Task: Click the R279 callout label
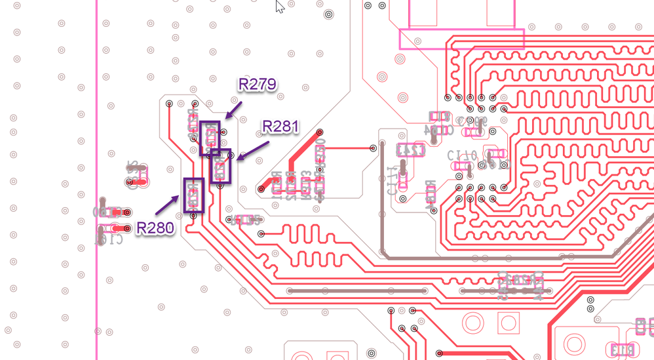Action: pyautogui.click(x=257, y=85)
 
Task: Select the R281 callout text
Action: pyautogui.click(x=281, y=127)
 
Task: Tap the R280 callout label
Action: pyautogui.click(x=155, y=228)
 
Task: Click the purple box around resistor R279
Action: pyautogui.click(x=210, y=138)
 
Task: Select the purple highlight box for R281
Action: pyautogui.click(x=221, y=167)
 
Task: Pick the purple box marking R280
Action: pyautogui.click(x=193, y=195)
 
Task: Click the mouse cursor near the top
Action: pyautogui.click(x=279, y=6)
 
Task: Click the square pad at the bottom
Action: pyautogui.click(x=508, y=322)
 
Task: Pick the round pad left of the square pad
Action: pyautogui.click(x=473, y=322)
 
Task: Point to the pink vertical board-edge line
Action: pyautogui.click(x=96, y=197)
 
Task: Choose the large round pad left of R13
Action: pyautogui.click(x=575, y=342)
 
